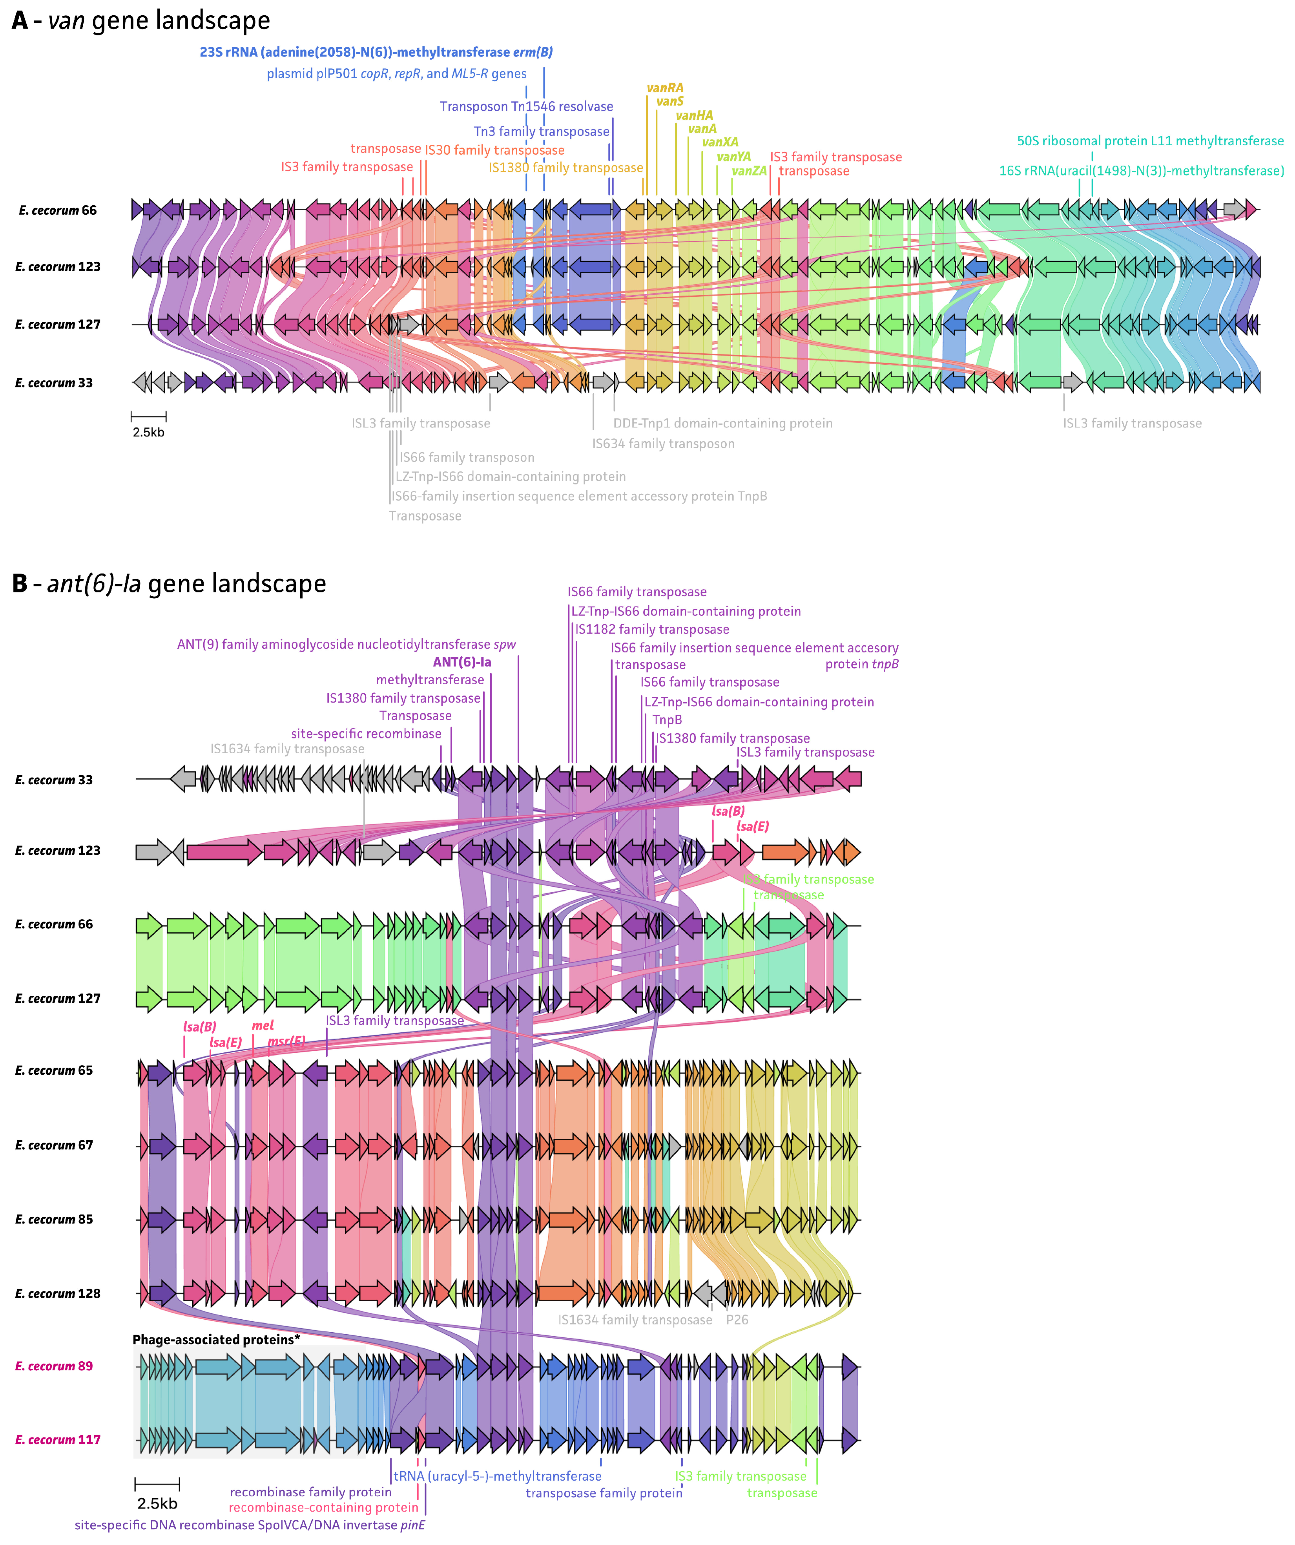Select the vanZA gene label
tap(749, 171)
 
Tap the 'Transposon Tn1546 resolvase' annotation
tap(527, 107)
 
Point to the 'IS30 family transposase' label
tap(495, 150)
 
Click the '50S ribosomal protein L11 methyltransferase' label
tap(1150, 141)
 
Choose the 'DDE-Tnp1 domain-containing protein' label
tap(723, 423)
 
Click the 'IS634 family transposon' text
tap(663, 444)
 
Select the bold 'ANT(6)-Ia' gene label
tap(462, 662)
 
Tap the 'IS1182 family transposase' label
tap(652, 630)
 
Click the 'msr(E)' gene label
tap(286, 1041)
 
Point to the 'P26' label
tap(737, 1320)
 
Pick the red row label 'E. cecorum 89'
tap(55, 1366)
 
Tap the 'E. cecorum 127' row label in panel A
tap(58, 325)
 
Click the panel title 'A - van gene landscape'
tap(141, 20)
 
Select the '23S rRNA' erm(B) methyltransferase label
tap(376, 52)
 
